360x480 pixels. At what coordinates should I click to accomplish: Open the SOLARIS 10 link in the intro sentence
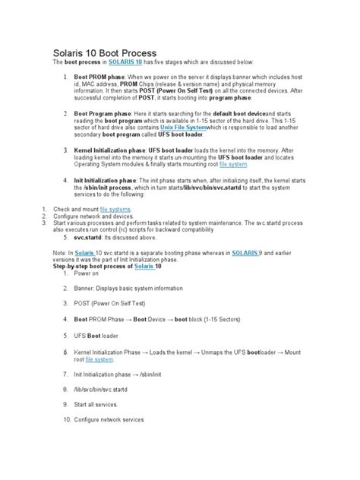pos(125,62)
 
